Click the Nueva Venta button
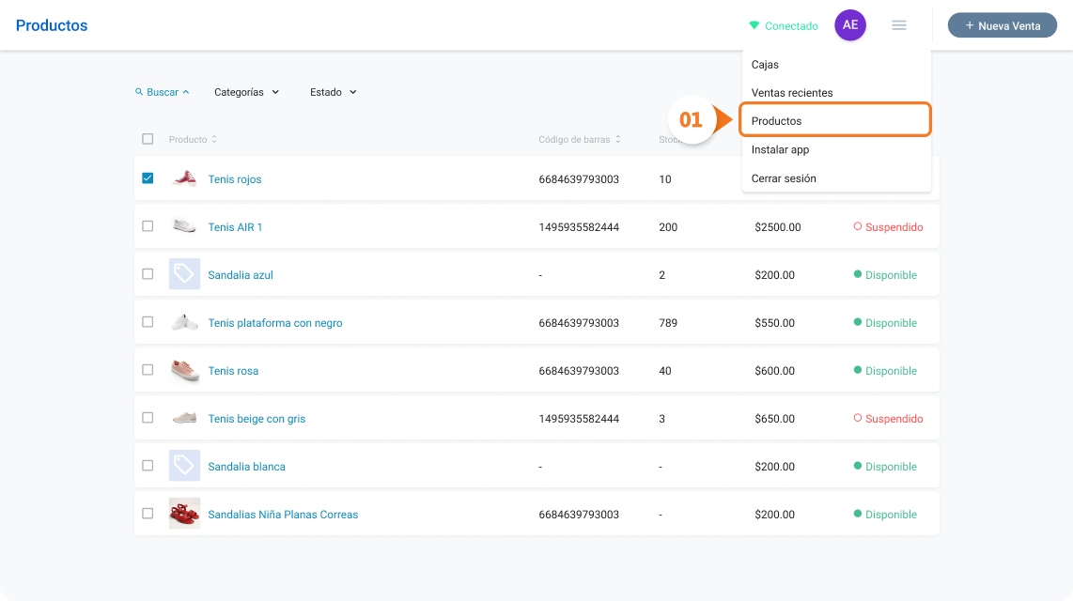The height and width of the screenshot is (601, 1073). pyautogui.click(x=1002, y=25)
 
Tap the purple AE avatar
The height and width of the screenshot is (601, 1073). pyautogui.click(x=850, y=25)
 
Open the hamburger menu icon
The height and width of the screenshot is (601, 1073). pyautogui.click(x=899, y=25)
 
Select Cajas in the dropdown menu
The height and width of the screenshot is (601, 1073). pyautogui.click(x=765, y=64)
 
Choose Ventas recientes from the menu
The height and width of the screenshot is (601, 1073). pyautogui.click(x=792, y=92)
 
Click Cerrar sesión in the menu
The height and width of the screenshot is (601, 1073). pyautogui.click(x=784, y=178)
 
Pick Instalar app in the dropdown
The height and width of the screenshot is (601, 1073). pyautogui.click(x=780, y=149)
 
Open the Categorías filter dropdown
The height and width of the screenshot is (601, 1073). pyautogui.click(x=246, y=92)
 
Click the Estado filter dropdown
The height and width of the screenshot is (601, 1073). pyautogui.click(x=334, y=92)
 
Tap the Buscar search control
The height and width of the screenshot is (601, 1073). pyautogui.click(x=163, y=92)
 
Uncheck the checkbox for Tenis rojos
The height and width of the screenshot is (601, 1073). pyautogui.click(x=148, y=177)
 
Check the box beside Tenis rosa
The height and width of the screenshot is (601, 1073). pyautogui.click(x=148, y=370)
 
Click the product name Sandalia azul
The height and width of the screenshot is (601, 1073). pyautogui.click(x=241, y=275)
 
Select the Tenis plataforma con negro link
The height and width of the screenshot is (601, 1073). pyautogui.click(x=275, y=323)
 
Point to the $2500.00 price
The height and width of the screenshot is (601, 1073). pyautogui.click(x=777, y=227)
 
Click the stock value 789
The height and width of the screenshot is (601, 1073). pyautogui.click(x=668, y=323)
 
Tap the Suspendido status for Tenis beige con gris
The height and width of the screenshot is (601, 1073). pyautogui.click(x=888, y=419)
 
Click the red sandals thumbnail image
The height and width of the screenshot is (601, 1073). pyautogui.click(x=184, y=513)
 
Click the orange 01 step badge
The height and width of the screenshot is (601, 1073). pyautogui.click(x=692, y=119)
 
